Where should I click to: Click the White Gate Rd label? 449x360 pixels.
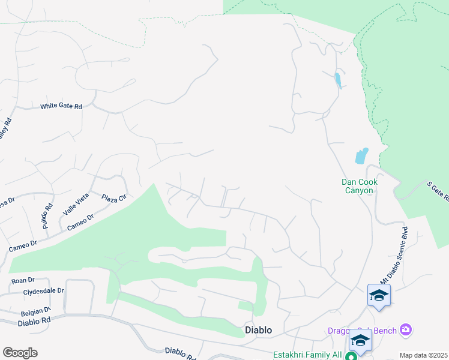click(x=61, y=106)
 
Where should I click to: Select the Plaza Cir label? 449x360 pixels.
click(x=114, y=198)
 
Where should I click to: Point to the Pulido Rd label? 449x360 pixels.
click(x=50, y=212)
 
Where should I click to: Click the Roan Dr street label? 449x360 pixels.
click(x=23, y=280)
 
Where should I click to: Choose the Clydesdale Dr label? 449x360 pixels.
click(x=43, y=290)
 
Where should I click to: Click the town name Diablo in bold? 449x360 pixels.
click(x=259, y=330)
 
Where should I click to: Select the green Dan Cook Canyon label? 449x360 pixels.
click(x=358, y=186)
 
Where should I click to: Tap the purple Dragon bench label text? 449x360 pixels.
click(x=363, y=330)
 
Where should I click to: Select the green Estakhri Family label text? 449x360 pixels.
click(x=307, y=355)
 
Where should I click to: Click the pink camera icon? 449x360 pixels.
click(x=406, y=329)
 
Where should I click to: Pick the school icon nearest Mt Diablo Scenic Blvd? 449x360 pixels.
click(x=379, y=295)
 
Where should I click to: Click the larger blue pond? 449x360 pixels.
click(x=361, y=156)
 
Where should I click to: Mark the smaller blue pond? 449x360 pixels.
click(x=338, y=80)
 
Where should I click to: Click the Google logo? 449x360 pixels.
click(x=20, y=353)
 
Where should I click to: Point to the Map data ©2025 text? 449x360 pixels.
click(x=423, y=355)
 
